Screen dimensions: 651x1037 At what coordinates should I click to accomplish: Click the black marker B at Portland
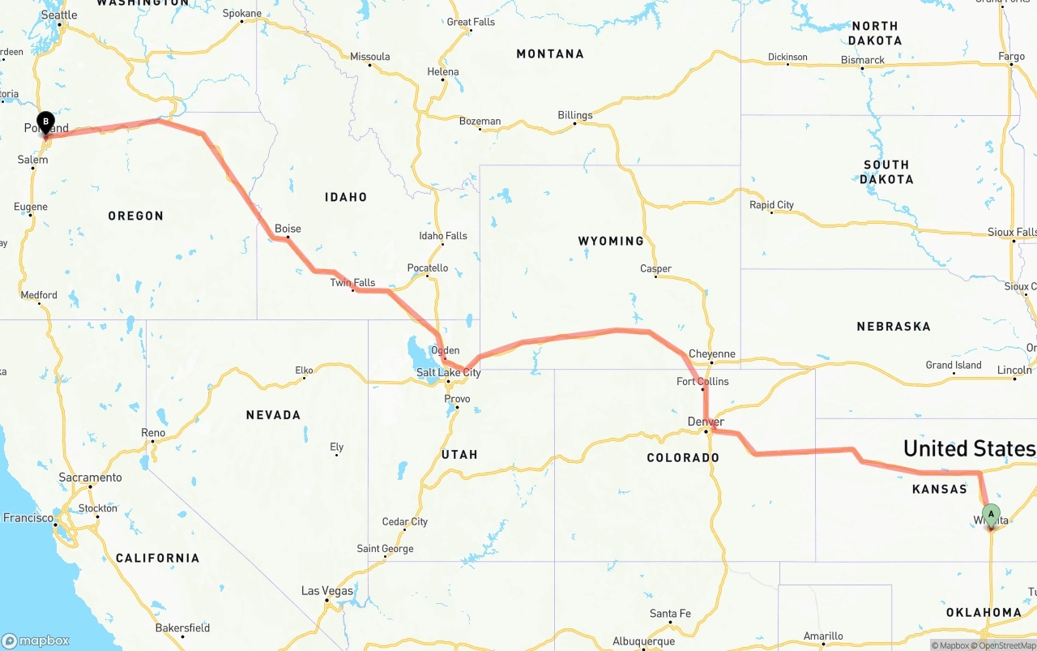click(46, 123)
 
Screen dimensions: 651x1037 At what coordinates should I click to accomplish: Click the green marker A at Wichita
click(991, 514)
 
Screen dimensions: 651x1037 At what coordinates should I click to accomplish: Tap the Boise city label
click(288, 229)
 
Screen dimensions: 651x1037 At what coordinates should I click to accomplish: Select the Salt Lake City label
click(448, 373)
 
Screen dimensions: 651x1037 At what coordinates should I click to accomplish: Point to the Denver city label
click(705, 422)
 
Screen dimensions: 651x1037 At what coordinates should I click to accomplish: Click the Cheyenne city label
click(711, 353)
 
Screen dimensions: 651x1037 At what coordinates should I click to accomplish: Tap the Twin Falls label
click(352, 283)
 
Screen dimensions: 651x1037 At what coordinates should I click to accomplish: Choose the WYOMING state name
click(610, 241)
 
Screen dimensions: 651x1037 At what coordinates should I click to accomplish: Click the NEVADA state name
click(273, 415)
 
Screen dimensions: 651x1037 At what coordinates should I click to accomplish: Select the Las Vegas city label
click(327, 591)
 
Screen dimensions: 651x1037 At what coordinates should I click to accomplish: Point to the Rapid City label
click(771, 205)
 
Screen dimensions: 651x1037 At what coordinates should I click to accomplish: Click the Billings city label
click(574, 115)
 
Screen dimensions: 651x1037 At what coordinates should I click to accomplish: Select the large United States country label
click(969, 448)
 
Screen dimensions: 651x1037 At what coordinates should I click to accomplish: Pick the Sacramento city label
click(90, 478)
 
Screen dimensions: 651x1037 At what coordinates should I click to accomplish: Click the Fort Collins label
click(702, 381)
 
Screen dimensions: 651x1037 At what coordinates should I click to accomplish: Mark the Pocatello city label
click(427, 268)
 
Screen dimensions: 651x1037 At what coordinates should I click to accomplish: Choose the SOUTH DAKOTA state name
click(887, 172)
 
